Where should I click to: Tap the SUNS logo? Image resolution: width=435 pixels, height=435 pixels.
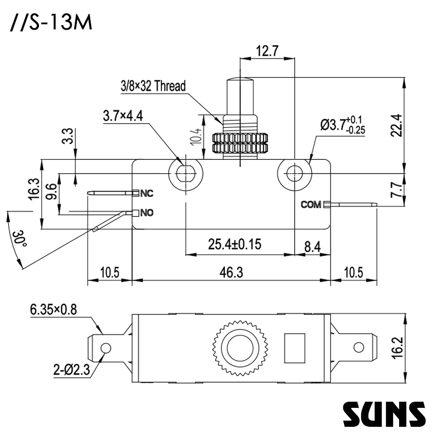tap(383, 413)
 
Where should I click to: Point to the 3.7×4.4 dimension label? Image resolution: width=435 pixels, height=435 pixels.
tap(122, 116)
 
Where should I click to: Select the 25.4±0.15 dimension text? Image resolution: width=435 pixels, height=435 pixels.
tap(235, 244)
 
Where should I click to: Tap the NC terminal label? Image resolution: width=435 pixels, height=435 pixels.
tap(147, 193)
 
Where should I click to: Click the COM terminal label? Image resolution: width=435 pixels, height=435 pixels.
tap(311, 205)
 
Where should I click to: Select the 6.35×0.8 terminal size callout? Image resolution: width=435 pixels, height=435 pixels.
tap(53, 309)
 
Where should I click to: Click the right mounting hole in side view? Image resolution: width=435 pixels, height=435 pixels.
tap(294, 173)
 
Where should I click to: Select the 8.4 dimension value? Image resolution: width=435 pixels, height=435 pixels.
tap(312, 247)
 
